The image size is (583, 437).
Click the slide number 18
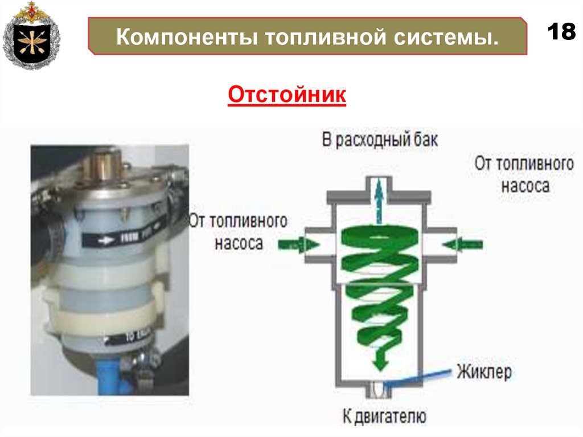561,32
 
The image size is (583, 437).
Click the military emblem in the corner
31,35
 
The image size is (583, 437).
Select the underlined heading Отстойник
287,95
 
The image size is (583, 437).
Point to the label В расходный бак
380,140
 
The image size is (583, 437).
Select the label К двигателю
384,415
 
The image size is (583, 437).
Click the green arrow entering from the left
298,244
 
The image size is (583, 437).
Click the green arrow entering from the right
462,244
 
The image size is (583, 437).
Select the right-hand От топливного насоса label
524,174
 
